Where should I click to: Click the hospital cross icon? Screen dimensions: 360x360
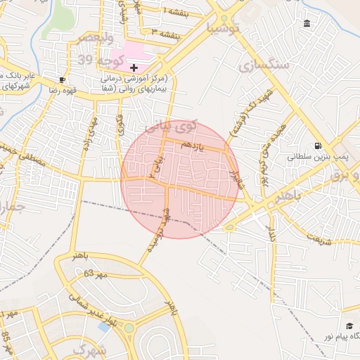(134, 67)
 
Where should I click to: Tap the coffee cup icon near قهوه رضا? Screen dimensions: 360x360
(63, 80)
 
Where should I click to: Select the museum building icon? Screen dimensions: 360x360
(307, 24)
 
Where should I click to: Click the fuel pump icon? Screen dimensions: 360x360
(319, 146)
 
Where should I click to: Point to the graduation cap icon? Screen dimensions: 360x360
(349, 326)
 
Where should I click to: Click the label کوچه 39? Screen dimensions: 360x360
(95, 58)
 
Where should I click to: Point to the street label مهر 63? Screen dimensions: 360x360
(94, 273)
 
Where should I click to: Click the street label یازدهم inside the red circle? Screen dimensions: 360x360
(191, 144)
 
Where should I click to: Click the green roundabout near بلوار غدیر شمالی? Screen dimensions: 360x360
(129, 328)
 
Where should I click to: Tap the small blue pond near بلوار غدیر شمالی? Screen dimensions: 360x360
(104, 327)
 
